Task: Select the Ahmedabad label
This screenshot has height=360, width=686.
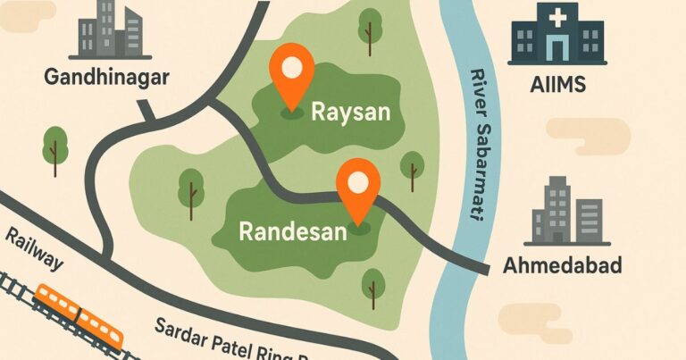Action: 562,265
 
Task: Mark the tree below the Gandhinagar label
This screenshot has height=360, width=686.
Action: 55,147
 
